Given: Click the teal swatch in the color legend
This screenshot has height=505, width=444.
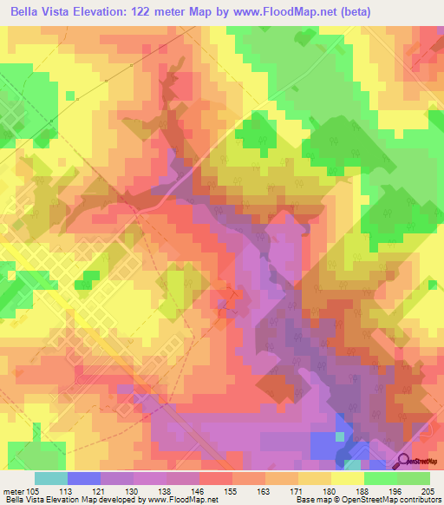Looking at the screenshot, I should pos(50,478).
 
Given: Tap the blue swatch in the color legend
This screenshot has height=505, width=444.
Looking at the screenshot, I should pos(84,478).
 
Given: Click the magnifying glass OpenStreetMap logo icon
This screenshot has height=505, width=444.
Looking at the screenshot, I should pos(404,460).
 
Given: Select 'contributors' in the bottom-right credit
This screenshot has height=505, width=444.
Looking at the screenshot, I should pos(421,500).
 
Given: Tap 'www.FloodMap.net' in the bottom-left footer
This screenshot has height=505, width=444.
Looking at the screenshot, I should pos(183,500).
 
